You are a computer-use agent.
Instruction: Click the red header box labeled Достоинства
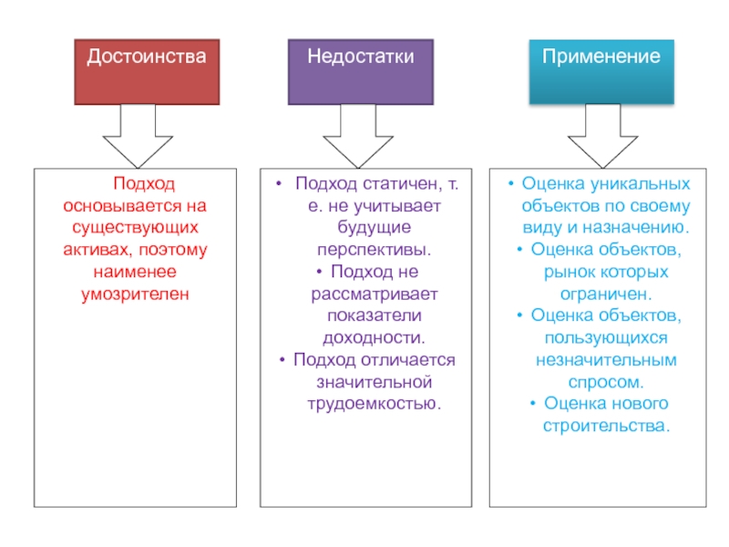point(147,72)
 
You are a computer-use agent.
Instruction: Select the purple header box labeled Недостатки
point(361,72)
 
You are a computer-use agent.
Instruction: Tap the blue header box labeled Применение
point(601,72)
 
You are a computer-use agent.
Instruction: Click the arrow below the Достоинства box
point(139,136)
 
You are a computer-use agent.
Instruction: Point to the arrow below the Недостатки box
point(358,136)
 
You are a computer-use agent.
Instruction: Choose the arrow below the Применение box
point(603,136)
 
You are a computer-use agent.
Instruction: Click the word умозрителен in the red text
point(135,294)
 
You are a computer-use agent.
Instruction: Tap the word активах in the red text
point(98,250)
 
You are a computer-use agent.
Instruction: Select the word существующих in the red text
point(135,228)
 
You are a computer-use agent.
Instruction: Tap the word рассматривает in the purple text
point(375,294)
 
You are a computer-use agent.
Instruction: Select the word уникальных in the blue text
point(641,184)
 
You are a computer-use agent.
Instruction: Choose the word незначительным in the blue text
point(606,360)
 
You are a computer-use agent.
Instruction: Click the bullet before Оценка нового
point(533,403)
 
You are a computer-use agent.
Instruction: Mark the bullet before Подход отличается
point(282,359)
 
